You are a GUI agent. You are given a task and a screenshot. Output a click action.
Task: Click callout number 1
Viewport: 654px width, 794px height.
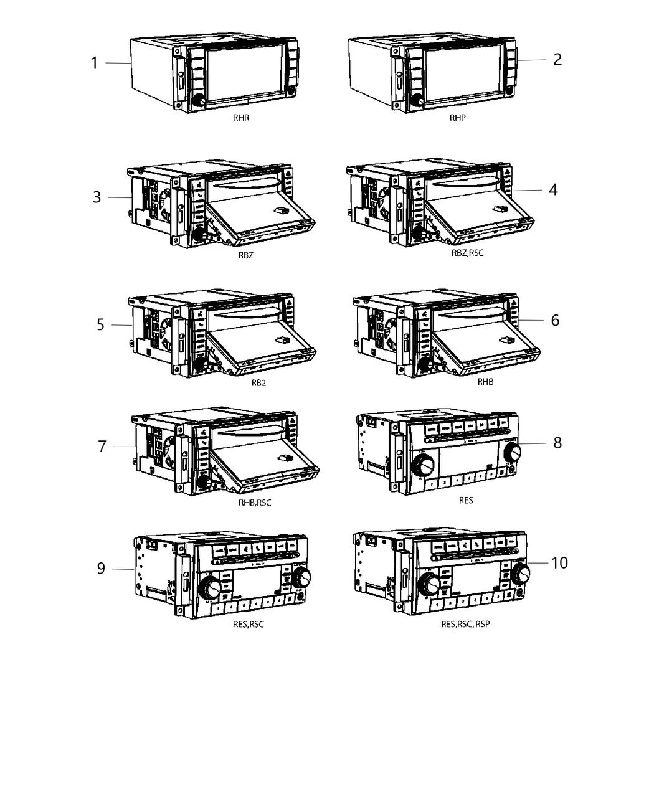tap(94, 63)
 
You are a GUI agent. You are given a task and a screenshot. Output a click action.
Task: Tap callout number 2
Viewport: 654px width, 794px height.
tap(557, 59)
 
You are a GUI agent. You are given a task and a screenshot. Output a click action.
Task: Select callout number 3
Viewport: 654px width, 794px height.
tap(97, 197)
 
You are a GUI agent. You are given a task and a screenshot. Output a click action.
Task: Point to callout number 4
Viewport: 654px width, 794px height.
tap(552, 190)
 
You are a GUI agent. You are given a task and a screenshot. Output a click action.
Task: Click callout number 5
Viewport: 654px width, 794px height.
tap(100, 325)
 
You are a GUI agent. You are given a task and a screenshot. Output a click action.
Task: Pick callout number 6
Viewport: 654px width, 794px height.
tap(555, 320)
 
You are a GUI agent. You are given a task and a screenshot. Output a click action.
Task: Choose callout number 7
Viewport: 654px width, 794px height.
tap(102, 447)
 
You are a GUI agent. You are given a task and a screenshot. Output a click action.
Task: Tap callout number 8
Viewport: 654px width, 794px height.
tap(557, 442)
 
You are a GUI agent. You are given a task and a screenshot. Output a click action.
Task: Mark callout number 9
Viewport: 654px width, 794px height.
tap(101, 569)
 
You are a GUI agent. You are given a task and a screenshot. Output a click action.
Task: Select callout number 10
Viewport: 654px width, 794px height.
tap(559, 562)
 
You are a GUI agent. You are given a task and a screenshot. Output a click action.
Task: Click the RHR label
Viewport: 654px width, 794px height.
tap(242, 118)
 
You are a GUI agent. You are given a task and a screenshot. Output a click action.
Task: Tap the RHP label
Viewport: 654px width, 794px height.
tap(458, 118)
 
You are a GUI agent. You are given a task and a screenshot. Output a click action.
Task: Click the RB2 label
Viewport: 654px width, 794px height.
tap(258, 383)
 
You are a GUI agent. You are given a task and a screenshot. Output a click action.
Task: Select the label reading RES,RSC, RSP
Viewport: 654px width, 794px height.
tap(465, 624)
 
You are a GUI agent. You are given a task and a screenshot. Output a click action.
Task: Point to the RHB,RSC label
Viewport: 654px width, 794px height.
tap(255, 503)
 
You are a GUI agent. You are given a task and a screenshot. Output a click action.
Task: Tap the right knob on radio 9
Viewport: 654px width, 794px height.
tap(301, 578)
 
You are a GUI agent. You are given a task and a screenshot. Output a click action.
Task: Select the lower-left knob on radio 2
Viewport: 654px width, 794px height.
tap(417, 102)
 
